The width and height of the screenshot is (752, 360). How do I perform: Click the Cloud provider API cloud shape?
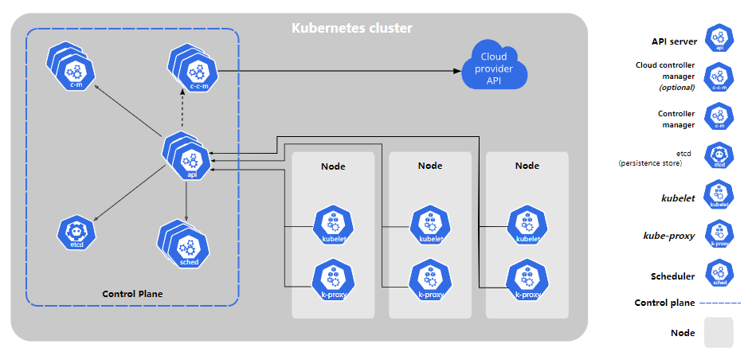pos(494,67)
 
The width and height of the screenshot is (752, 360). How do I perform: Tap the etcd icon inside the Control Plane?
pos(76,233)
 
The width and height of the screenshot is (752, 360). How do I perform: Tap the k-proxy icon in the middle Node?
pos(429,280)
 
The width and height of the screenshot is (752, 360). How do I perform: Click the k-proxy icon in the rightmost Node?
pos(527,280)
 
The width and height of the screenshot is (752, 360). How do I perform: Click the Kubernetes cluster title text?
pos(351,29)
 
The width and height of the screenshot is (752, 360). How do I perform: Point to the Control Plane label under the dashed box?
pos(132,294)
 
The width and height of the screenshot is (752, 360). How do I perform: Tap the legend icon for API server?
pos(719,39)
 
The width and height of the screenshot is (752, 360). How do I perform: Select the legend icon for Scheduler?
pos(719,275)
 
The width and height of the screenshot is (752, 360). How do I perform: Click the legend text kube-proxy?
pos(669,236)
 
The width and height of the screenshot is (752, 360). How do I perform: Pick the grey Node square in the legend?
pos(719,332)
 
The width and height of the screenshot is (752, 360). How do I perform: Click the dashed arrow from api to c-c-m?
pos(184,110)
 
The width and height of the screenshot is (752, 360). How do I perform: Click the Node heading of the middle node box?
pos(430,166)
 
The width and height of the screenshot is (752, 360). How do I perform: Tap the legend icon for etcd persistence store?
pos(719,157)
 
